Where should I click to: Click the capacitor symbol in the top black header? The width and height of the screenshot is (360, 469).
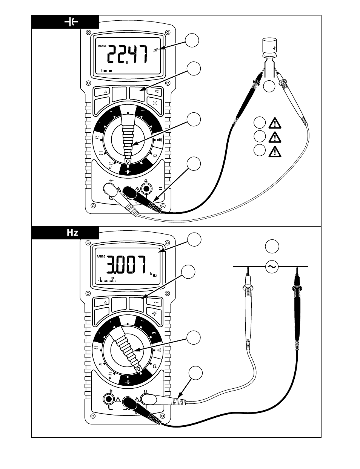pyautogui.click(x=71, y=22)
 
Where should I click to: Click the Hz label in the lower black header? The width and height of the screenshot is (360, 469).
pyautogui.click(x=72, y=232)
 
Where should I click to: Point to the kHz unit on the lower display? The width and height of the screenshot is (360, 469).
pyautogui.click(x=154, y=275)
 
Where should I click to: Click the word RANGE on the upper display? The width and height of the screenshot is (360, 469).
pyautogui.click(x=102, y=46)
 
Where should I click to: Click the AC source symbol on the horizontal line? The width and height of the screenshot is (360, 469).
pyautogui.click(x=272, y=267)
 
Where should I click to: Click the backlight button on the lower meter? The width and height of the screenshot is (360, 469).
pyautogui.click(x=155, y=313)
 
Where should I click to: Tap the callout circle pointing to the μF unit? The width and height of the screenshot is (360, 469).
pyautogui.click(x=192, y=40)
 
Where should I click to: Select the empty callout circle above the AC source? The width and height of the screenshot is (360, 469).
pyautogui.click(x=272, y=246)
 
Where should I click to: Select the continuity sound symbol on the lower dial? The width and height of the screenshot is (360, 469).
pyautogui.click(x=159, y=350)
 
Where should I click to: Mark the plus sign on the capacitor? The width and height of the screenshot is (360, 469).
pyautogui.click(x=274, y=48)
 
